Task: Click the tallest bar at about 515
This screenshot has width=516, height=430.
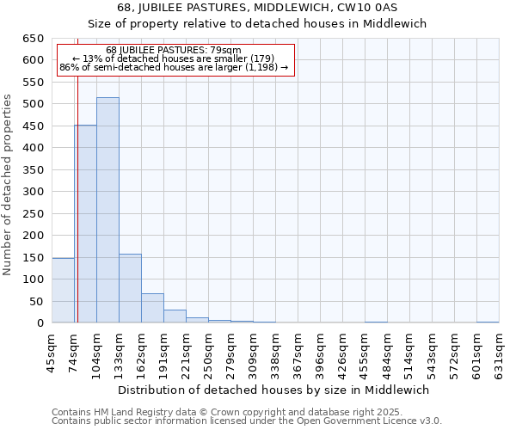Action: pyautogui.click(x=107, y=211)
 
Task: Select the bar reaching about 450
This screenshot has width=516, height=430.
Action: pyautogui.click(x=85, y=224)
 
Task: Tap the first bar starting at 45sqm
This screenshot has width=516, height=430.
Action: pyautogui.click(x=63, y=291)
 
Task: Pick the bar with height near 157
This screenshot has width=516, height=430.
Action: pyautogui.click(x=130, y=288)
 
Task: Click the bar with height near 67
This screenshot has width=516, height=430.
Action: pyautogui.click(x=152, y=308)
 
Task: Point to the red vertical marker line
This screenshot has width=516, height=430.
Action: pyautogui.click(x=77, y=172)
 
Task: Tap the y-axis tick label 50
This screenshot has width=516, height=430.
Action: pyautogui.click(x=36, y=301)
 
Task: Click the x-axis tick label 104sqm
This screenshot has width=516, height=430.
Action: pyautogui.click(x=97, y=353)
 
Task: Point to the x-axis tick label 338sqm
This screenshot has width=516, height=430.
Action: pyautogui.click(x=276, y=353)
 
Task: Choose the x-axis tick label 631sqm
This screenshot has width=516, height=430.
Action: pyautogui.click(x=500, y=353)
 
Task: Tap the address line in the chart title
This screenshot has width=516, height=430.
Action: pyautogui.click(x=257, y=8)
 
